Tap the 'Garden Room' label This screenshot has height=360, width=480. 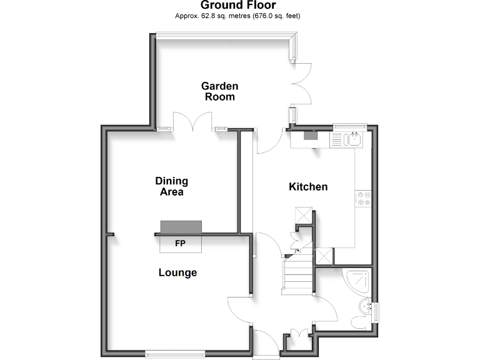pos(219,91)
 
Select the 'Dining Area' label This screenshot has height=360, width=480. pos(171,186)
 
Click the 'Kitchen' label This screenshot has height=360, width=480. pos(307,187)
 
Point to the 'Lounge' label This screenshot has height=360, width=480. pos(177,272)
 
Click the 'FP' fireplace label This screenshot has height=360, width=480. pos(180,243)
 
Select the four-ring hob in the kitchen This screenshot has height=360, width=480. pos(362,199)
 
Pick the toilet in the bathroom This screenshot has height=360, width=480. pos(359,321)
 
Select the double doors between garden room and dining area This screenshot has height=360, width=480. pos(193,122)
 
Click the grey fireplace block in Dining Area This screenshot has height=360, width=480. pos(181,226)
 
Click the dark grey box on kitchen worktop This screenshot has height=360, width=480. pos(311,134)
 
